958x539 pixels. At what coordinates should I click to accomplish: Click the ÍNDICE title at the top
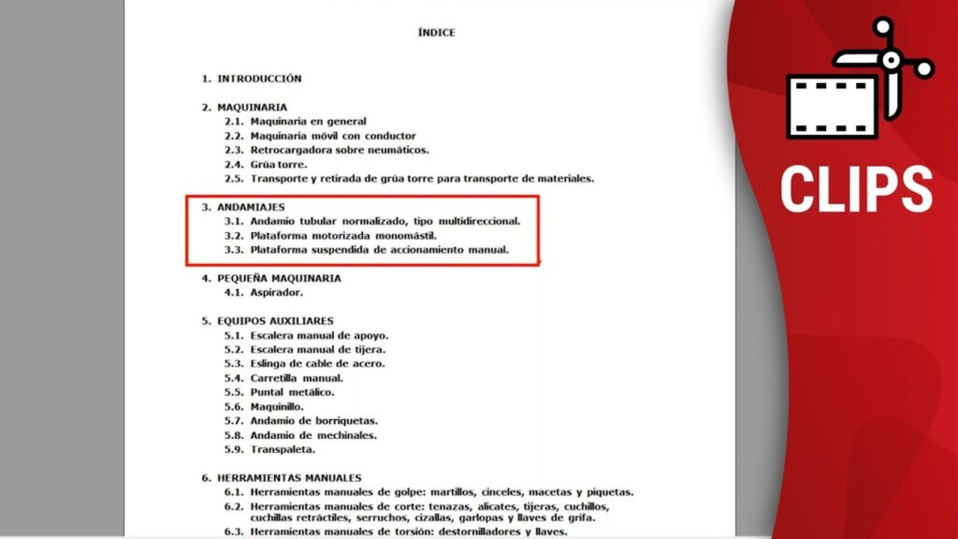tap(437, 33)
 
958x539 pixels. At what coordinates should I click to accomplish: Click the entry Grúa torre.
tap(278, 164)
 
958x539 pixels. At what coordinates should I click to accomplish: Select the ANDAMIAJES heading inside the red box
tap(251, 207)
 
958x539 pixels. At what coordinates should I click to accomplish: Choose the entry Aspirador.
tap(278, 292)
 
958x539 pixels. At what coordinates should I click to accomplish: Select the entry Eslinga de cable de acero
tap(317, 363)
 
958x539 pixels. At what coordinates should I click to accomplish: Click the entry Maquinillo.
tap(279, 407)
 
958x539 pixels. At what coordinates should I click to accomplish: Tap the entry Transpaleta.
tap(282, 449)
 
